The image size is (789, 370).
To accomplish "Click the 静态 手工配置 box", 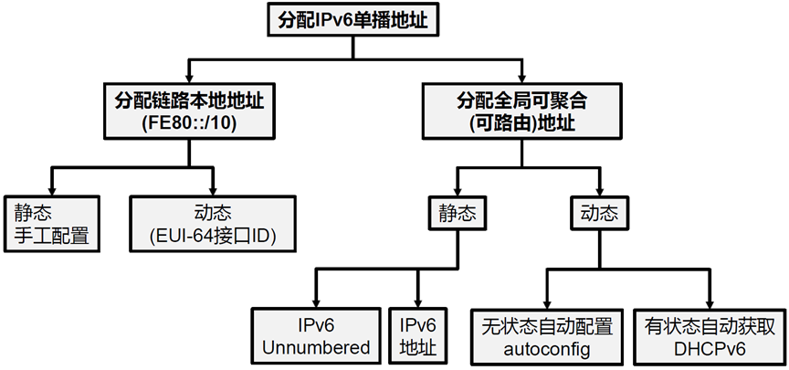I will point(52,224).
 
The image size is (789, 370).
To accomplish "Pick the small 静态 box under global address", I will point(456,214).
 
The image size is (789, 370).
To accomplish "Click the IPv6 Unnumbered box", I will point(316,335).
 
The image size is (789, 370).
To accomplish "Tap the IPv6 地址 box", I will point(418,335).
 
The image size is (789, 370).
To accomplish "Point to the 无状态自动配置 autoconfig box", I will point(548,335).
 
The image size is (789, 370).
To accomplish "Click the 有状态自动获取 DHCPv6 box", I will point(708,335).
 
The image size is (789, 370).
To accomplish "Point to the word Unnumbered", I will point(316,347).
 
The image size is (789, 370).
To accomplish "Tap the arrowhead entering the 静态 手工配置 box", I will point(52,189).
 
